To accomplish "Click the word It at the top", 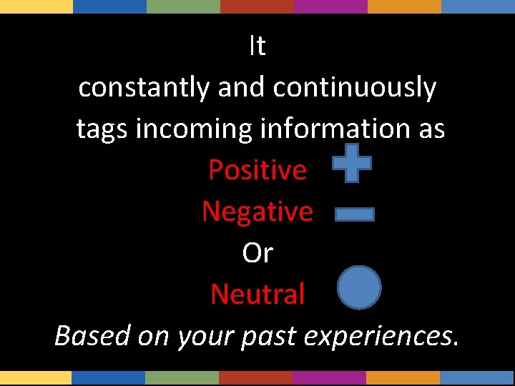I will point(257,46).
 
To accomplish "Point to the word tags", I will point(101,129).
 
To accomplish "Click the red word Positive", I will point(257,170).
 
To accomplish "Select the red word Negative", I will point(257,212).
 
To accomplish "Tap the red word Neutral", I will point(257,294).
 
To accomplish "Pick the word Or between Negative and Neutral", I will point(257,253).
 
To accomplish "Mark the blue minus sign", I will point(355,214).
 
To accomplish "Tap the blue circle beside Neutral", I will point(359,287).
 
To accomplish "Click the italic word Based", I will point(92,335).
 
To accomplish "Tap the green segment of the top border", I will point(183,6).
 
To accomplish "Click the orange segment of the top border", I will point(404,6).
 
